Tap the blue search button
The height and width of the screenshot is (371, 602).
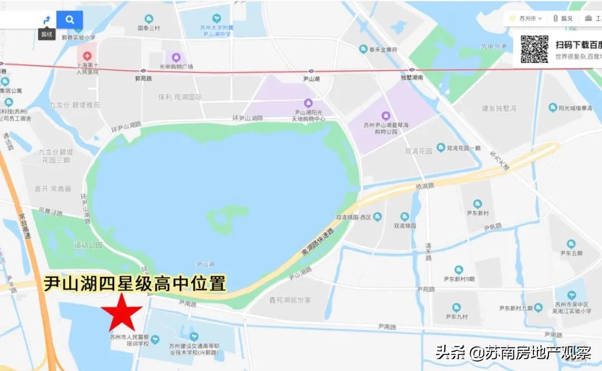[x=70, y=20]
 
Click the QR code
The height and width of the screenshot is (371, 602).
[x=534, y=49]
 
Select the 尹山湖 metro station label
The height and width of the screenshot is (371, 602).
[x=311, y=79]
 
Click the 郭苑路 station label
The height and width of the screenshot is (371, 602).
[x=143, y=79]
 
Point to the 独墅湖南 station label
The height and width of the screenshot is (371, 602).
[x=412, y=78]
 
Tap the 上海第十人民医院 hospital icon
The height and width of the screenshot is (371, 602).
[x=86, y=56]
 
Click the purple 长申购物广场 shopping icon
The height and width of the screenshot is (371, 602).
[x=176, y=57]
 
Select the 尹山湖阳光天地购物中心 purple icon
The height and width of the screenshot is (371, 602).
[x=308, y=103]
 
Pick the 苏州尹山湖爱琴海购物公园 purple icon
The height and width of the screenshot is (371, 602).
[x=385, y=115]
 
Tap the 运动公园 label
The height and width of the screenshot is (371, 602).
[x=89, y=245]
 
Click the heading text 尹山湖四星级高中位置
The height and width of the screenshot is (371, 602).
[x=135, y=283]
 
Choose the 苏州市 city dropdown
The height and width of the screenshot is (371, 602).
[x=526, y=18]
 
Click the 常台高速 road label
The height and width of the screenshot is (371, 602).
[x=25, y=227]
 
